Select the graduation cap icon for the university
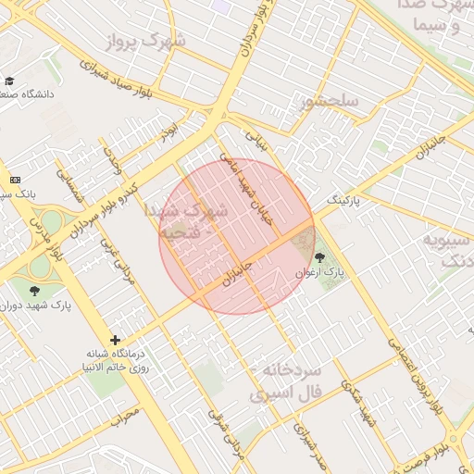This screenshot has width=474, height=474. click(x=10, y=82)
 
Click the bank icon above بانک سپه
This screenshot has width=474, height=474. click(x=15, y=179)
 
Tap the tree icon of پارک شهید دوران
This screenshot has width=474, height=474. click(x=35, y=291)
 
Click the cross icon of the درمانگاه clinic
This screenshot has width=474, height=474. click(x=115, y=340)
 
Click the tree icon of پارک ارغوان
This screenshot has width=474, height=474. click(x=320, y=258)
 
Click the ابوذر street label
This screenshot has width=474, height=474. click(x=167, y=132)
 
